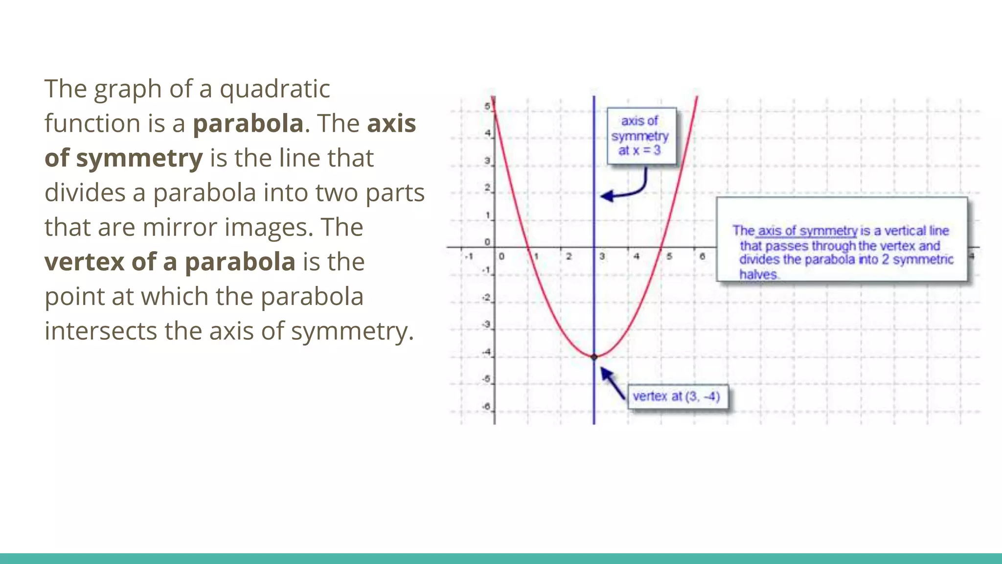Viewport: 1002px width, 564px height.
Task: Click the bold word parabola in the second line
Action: (248, 123)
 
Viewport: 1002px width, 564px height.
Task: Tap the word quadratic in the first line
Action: (274, 90)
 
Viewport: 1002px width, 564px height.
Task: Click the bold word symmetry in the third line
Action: (139, 159)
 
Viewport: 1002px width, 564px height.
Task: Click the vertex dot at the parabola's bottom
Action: (594, 357)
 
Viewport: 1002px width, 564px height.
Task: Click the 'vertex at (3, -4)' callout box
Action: (677, 396)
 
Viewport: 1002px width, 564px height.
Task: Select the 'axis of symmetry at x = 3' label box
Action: (641, 136)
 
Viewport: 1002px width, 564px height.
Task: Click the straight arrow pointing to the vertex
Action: (613, 383)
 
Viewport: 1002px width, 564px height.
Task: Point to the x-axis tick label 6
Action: (702, 256)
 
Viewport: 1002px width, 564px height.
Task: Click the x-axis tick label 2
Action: (569, 256)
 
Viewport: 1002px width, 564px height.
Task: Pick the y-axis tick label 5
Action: (487, 106)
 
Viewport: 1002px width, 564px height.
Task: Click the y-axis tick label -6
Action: (486, 406)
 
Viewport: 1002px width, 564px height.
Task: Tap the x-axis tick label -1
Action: (469, 256)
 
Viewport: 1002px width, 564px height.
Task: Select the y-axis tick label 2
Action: (487, 188)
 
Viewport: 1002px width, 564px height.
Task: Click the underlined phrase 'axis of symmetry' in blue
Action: (807, 231)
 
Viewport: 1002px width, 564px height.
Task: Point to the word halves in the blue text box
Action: (758, 274)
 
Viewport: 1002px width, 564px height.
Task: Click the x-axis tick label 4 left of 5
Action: (636, 256)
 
